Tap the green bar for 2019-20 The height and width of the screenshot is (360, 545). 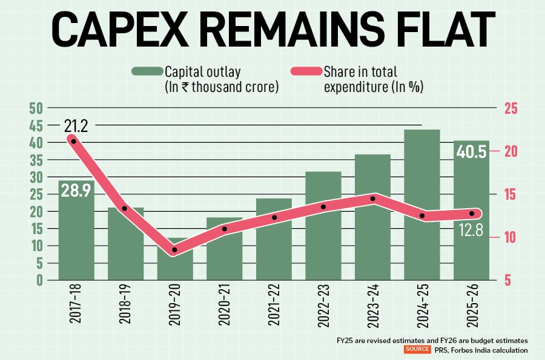[x=175, y=266]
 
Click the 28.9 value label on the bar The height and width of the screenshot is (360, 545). [x=76, y=192]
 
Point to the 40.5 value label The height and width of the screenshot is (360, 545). [x=471, y=152]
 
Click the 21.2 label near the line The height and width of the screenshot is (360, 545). [x=76, y=126]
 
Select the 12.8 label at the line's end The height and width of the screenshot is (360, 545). [x=471, y=230]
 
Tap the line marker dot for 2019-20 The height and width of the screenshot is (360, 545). [x=175, y=250]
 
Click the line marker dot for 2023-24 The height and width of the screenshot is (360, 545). [x=372, y=198]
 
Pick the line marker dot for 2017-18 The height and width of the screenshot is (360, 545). [x=74, y=141]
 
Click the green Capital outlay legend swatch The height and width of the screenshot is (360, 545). [x=147, y=71]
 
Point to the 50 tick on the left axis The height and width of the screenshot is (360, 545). [x=36, y=109]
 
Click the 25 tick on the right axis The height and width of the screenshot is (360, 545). [x=511, y=109]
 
